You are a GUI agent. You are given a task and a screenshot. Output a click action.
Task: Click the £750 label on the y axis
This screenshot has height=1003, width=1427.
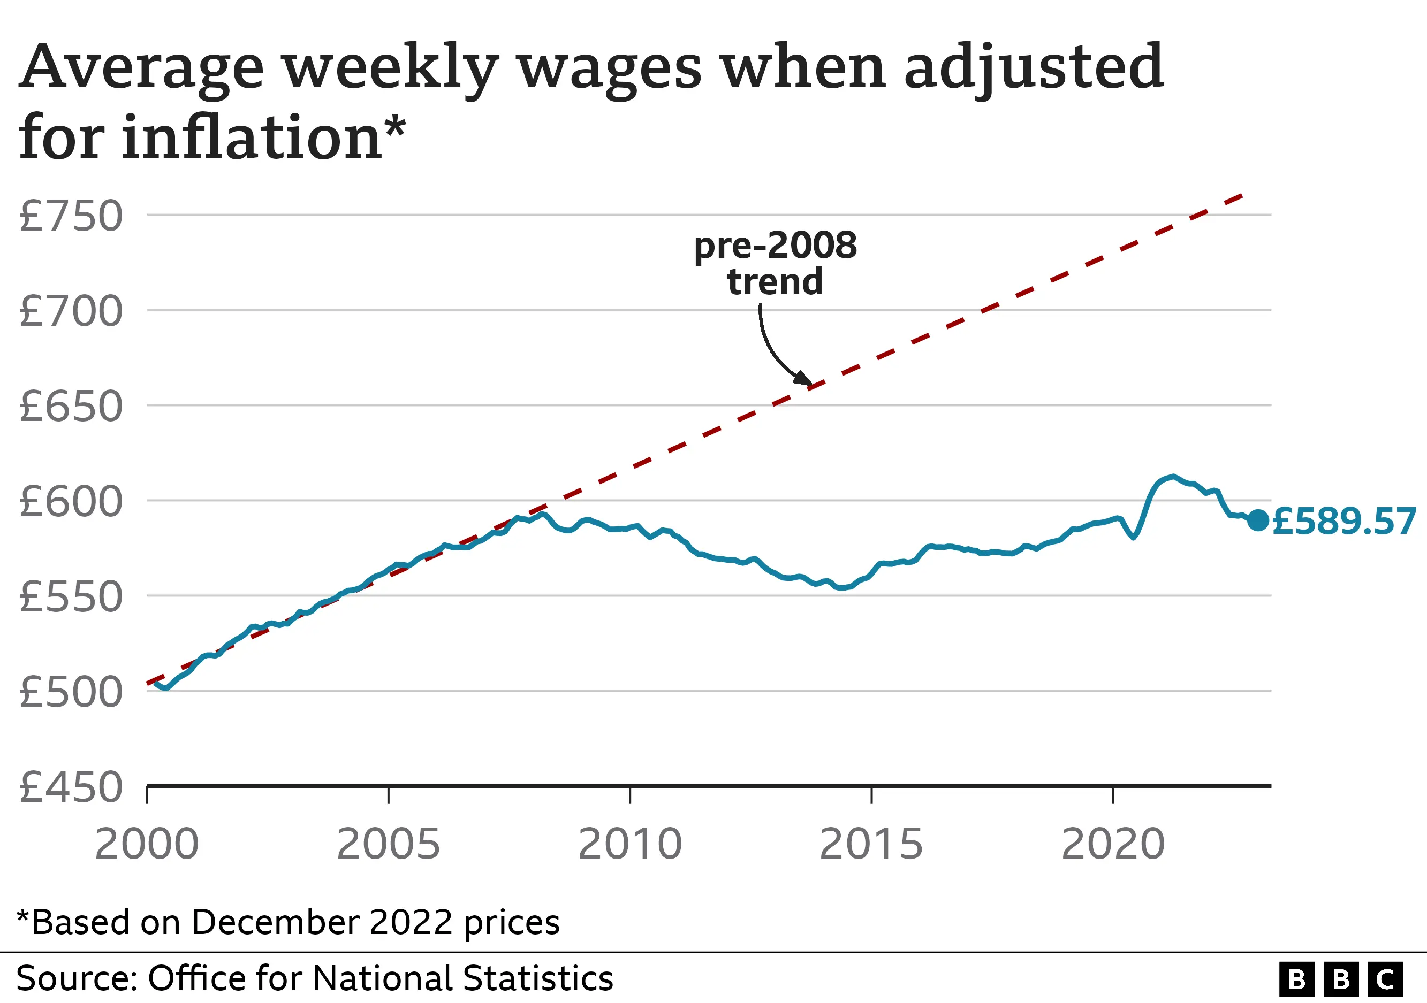[71, 216]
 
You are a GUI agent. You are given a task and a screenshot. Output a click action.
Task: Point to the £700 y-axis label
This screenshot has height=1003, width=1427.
[71, 311]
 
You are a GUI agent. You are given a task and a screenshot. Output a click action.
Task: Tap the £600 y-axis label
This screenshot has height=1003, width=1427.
[71, 502]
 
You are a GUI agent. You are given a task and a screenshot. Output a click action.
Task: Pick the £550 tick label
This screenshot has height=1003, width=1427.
[71, 598]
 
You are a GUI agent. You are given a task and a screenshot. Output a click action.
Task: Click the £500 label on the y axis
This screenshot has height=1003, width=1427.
[71, 693]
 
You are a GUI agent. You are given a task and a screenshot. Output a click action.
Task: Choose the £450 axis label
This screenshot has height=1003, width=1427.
[71, 787]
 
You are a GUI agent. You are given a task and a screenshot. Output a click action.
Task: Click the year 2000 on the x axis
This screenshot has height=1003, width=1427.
[147, 845]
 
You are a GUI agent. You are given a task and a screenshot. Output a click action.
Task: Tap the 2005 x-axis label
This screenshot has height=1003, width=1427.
[389, 845]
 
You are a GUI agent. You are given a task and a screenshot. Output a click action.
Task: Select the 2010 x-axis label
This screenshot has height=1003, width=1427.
[630, 845]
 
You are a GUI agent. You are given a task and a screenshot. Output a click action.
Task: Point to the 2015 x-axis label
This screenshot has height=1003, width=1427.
[871, 845]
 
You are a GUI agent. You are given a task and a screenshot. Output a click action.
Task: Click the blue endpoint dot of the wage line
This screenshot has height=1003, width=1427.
[1258, 520]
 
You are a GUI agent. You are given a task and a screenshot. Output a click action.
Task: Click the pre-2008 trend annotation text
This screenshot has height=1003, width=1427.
[775, 263]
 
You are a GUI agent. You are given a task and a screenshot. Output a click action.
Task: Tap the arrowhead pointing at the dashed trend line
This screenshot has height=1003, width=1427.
[804, 379]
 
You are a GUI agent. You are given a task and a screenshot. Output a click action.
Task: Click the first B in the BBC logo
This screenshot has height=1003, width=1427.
[1296, 980]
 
